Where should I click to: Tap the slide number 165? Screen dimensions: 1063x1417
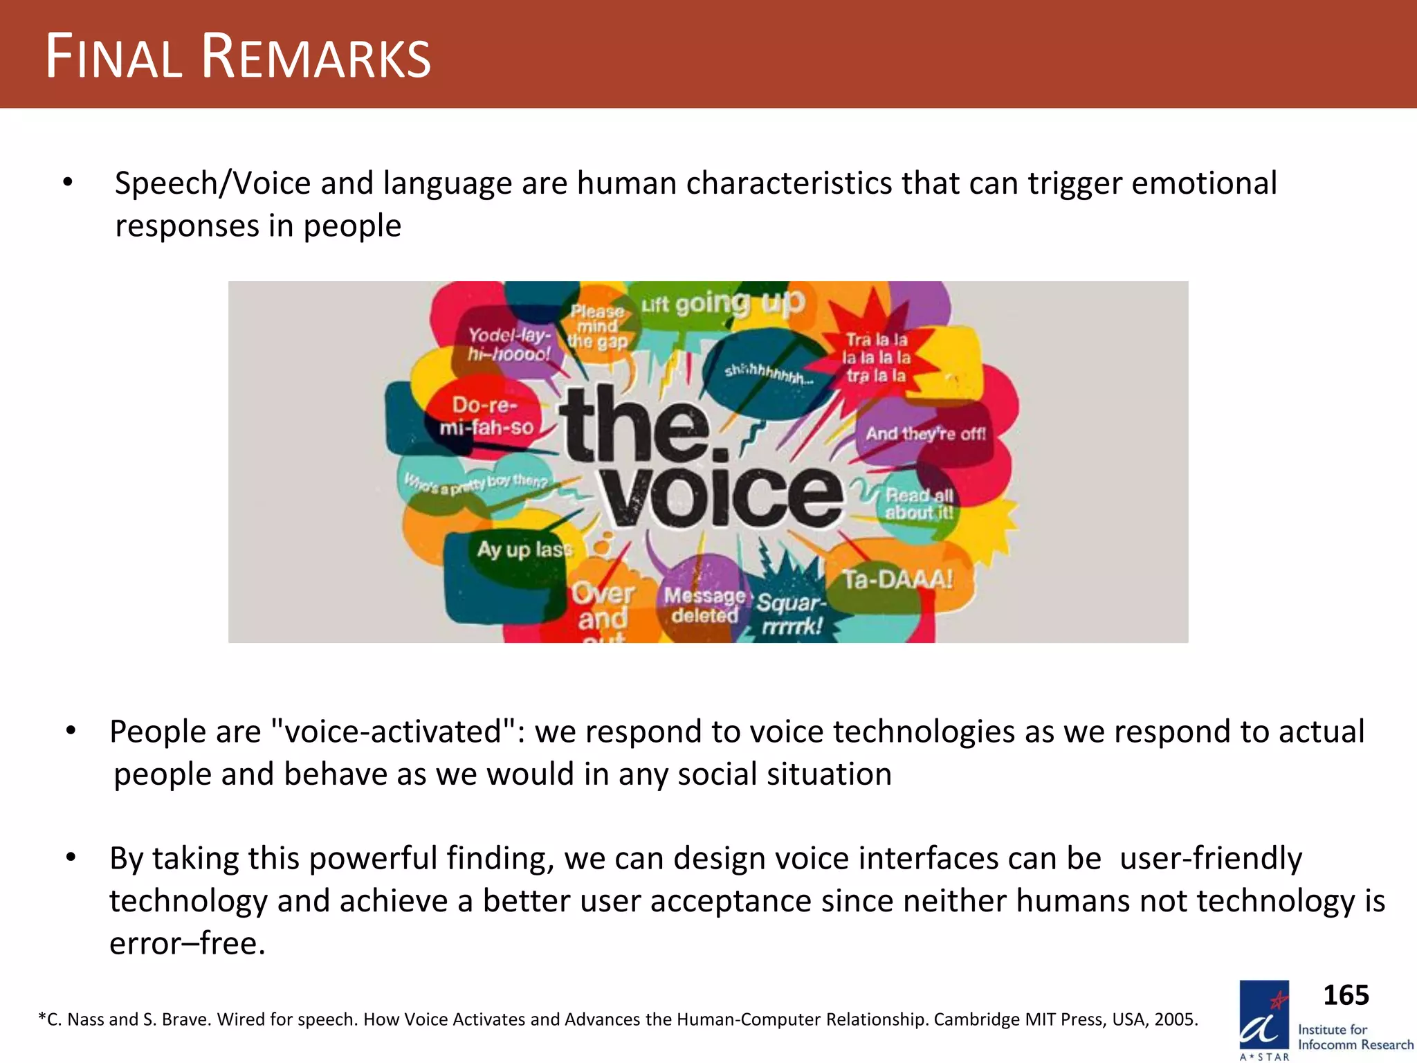point(1346,995)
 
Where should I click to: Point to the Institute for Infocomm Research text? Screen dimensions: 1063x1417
point(1355,1037)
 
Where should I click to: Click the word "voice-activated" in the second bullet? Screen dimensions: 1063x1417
point(392,732)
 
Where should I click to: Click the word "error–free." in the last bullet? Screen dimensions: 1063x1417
point(188,943)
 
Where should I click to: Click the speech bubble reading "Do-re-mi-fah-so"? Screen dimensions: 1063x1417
point(486,416)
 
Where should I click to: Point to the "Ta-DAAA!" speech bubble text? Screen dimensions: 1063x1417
point(897,579)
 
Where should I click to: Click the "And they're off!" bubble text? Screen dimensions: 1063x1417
point(926,434)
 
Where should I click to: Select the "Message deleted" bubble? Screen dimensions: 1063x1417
point(704,605)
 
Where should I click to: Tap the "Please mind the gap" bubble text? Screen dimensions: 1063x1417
point(597,327)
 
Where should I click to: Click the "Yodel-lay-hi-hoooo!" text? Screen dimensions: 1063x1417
point(509,345)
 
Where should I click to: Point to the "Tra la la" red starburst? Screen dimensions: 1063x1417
point(876,358)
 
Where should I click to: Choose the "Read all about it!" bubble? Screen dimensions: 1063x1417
point(919,504)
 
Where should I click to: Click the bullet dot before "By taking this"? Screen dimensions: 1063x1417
point(71,858)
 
